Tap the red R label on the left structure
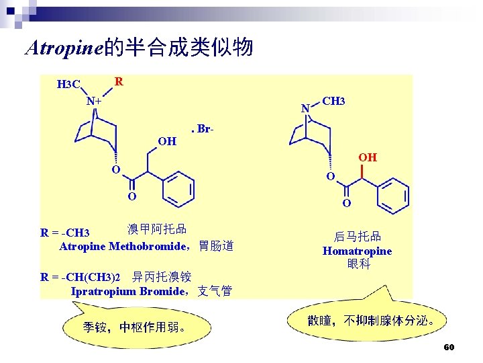pyautogui.click(x=118, y=81)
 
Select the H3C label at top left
pyautogui.click(x=68, y=85)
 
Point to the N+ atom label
pyautogui.click(x=93, y=102)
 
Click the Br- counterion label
pyautogui.click(x=204, y=128)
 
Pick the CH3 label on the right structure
pyautogui.click(x=333, y=101)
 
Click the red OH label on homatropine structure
pyautogui.click(x=367, y=157)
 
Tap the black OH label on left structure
pyautogui.click(x=167, y=141)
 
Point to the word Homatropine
pyautogui.click(x=357, y=251)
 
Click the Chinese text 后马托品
pyautogui.click(x=358, y=237)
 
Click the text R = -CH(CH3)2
pyautogui.click(x=80, y=277)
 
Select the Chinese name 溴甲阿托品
pyautogui.click(x=157, y=229)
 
